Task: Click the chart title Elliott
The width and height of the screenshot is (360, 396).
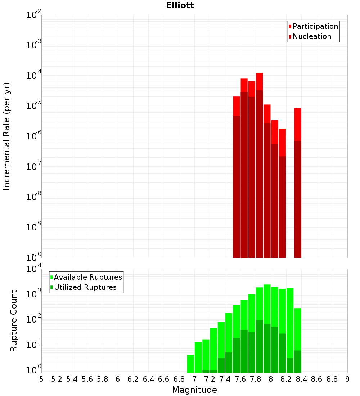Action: tap(180, 5)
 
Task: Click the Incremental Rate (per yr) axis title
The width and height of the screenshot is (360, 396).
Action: tap(7, 136)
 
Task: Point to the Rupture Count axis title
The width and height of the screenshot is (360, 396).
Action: tap(14, 321)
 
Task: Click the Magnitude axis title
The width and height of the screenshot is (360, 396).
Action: tap(194, 390)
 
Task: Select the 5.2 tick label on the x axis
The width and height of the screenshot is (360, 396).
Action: tap(57, 379)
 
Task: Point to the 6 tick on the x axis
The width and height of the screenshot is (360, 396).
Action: tap(118, 379)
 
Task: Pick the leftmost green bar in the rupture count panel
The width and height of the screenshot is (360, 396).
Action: tap(190, 364)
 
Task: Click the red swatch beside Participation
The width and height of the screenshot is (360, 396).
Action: tap(290, 27)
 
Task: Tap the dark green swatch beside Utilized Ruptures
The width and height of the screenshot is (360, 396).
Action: tap(51, 287)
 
